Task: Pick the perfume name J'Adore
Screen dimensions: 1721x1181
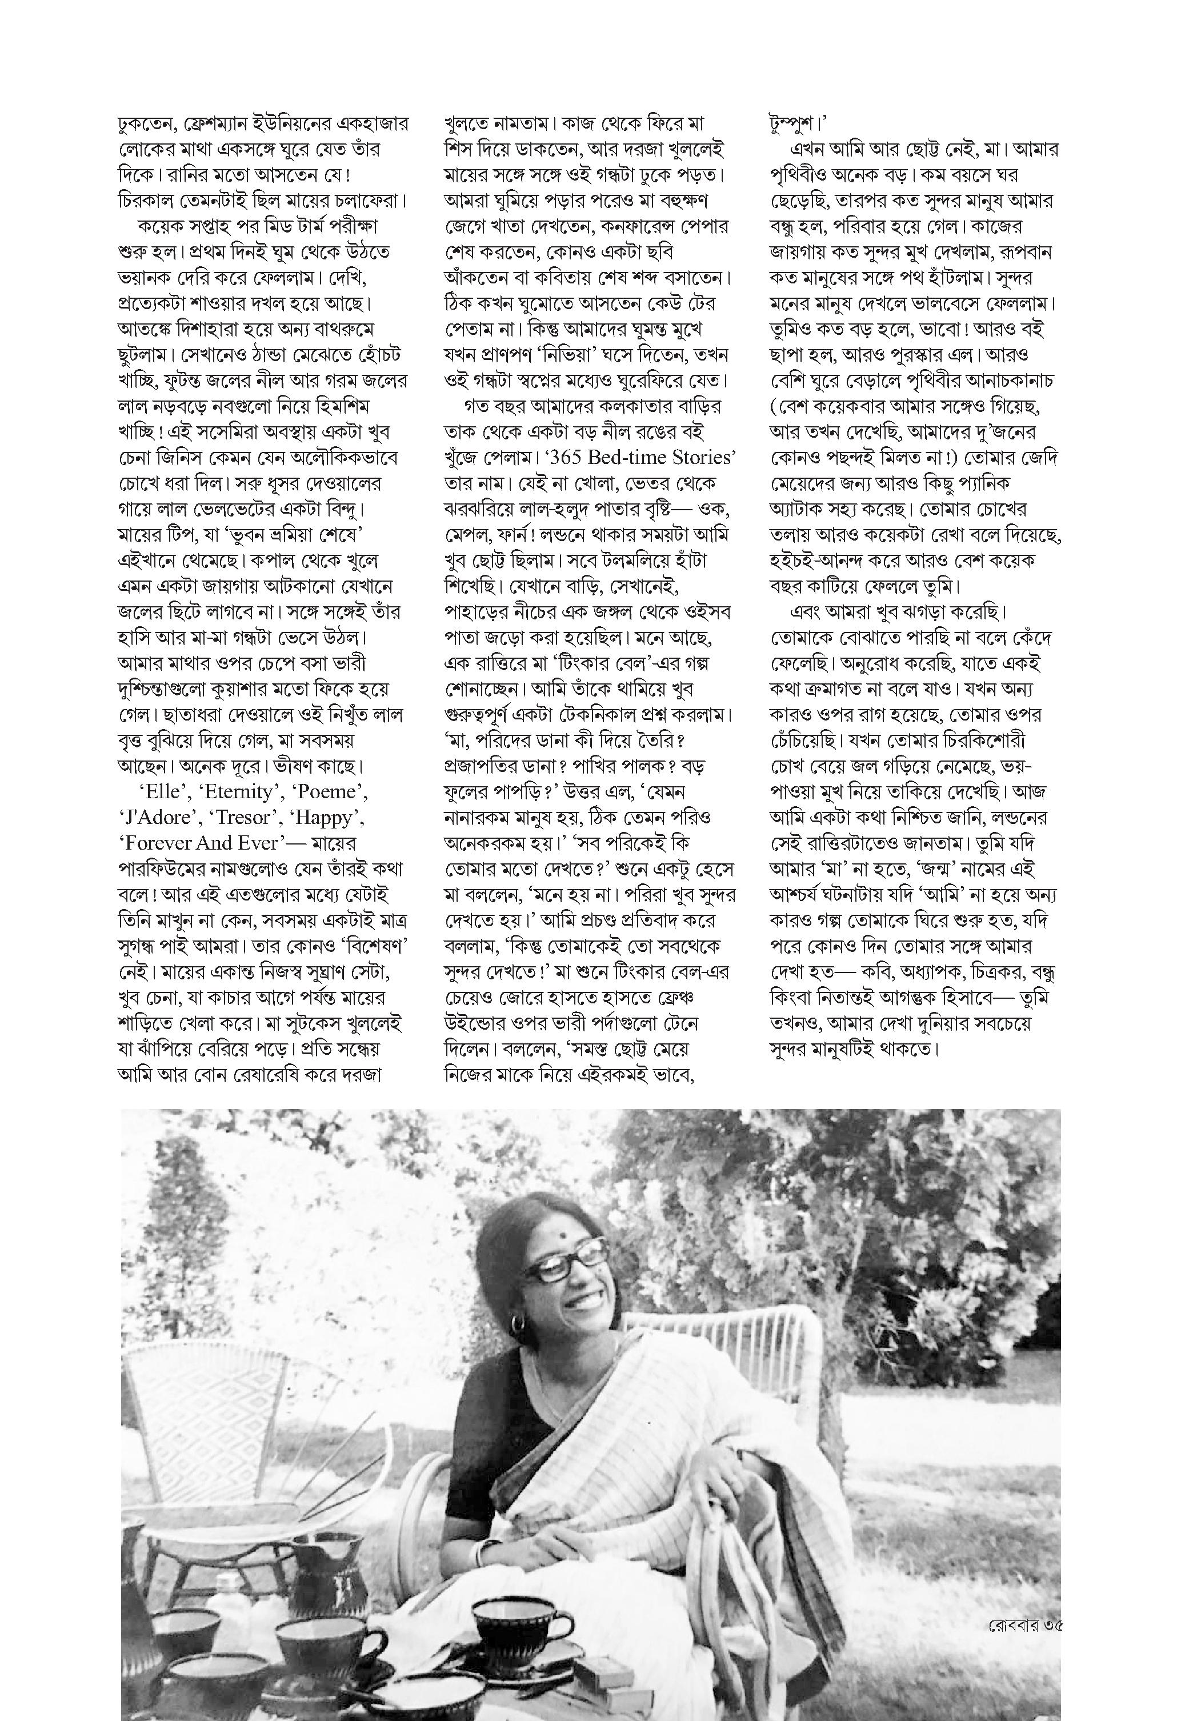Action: pos(157,818)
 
